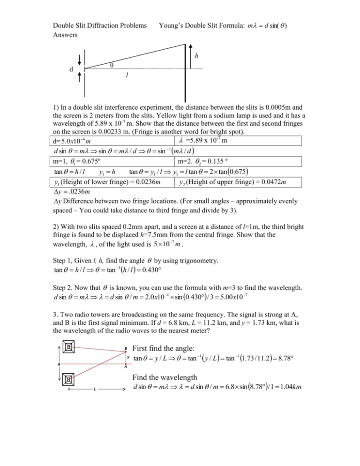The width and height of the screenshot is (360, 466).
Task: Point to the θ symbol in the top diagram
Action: click(111, 66)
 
